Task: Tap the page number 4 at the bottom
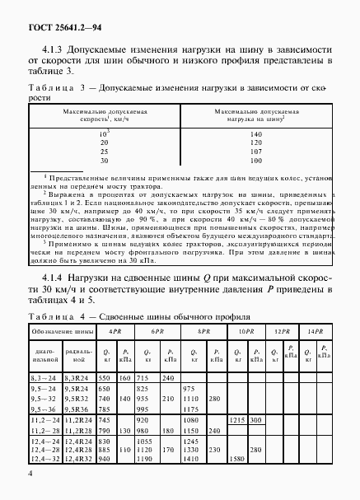(30, 473)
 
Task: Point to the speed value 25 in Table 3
(104, 152)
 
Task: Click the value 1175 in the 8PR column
(191, 409)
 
